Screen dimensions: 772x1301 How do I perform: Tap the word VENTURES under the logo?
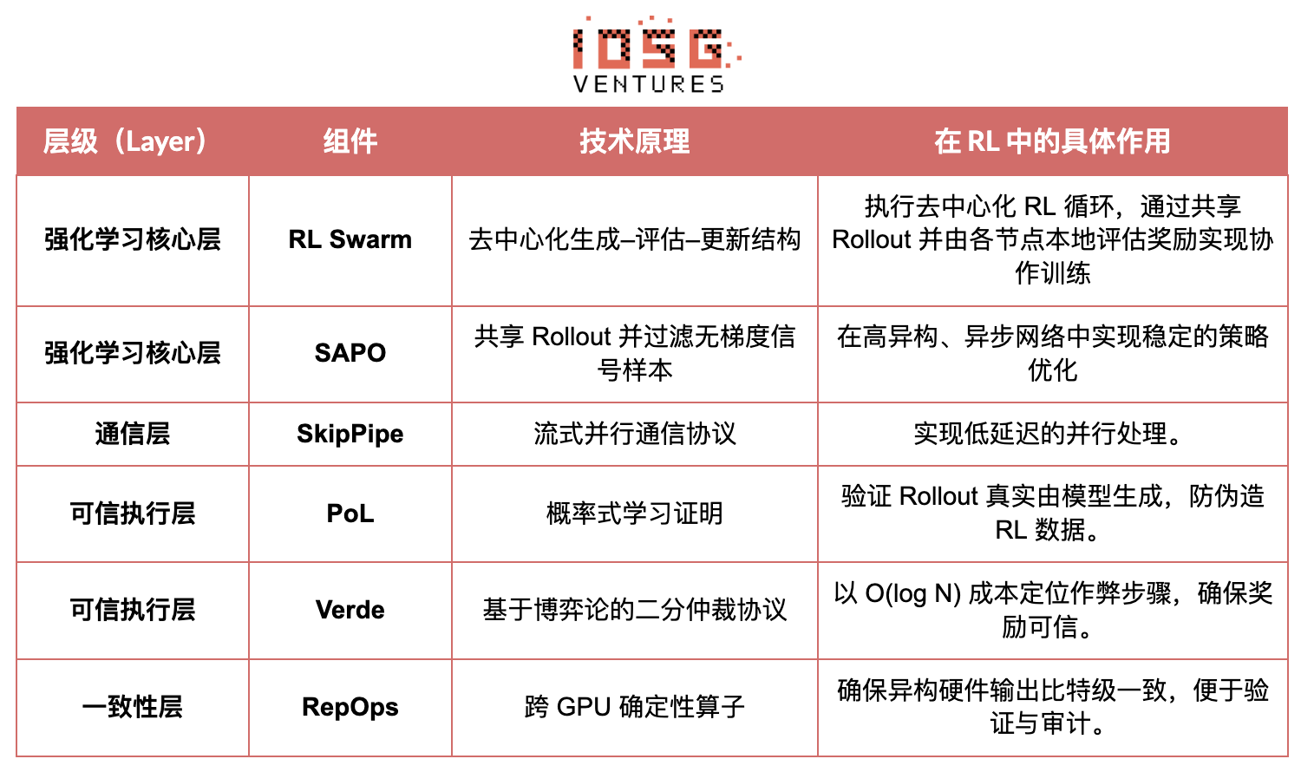point(649,84)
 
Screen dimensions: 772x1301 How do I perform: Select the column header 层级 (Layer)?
point(127,141)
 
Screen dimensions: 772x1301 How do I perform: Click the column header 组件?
point(350,141)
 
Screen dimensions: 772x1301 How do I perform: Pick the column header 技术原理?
point(635,141)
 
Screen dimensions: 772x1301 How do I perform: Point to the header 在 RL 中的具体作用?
point(1052,141)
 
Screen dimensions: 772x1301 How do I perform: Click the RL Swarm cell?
point(350,239)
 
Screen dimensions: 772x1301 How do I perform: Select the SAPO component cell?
point(350,353)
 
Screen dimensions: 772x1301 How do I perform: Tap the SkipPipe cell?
point(350,434)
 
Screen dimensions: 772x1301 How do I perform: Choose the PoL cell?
point(350,514)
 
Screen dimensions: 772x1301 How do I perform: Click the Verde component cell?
point(350,610)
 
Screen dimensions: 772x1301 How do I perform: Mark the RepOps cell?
point(350,707)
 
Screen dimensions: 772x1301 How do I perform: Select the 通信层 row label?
point(133,434)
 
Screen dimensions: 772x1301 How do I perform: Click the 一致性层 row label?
point(133,707)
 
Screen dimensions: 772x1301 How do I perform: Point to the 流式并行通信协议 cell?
point(635,434)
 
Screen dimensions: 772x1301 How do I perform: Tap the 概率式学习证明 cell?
point(635,514)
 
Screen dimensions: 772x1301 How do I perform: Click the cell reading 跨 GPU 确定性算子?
point(635,707)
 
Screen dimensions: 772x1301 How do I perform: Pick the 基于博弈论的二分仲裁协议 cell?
point(635,610)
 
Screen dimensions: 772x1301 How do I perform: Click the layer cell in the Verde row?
point(133,610)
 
